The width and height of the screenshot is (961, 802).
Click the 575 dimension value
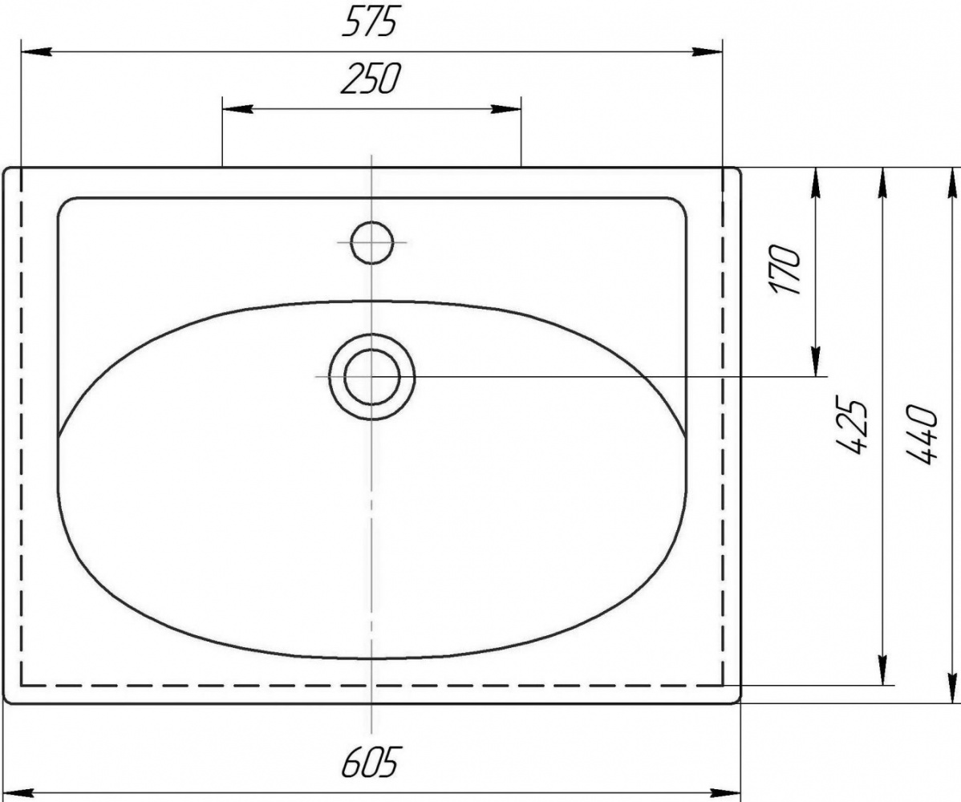pos(371,24)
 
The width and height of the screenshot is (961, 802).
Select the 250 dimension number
pos(371,79)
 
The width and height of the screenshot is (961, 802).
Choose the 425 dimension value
pos(853,427)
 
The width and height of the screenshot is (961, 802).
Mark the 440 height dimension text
pos(922,434)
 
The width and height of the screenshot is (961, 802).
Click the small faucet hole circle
pos(372,243)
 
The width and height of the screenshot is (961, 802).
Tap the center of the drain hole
pos(372,376)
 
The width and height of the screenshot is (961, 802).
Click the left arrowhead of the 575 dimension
pos(35,53)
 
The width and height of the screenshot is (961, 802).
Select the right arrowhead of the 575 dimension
pos(708,53)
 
